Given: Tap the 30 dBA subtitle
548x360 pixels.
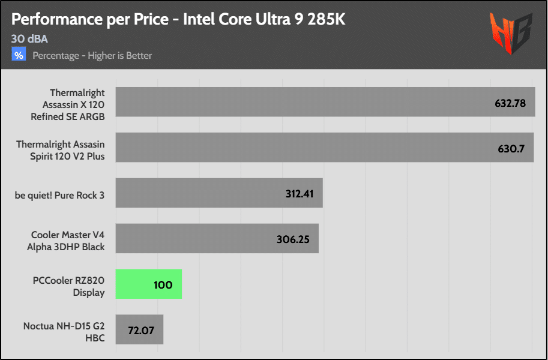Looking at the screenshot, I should click(x=29, y=39).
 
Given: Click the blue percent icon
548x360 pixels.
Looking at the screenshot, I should click(x=19, y=55).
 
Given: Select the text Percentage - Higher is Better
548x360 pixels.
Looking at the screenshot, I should click(x=92, y=56).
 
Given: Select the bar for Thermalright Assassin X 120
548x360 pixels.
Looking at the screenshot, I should click(x=300, y=102).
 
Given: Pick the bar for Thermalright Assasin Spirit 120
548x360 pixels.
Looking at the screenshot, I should click(x=300, y=148).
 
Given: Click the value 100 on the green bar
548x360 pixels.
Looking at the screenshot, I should click(x=163, y=285).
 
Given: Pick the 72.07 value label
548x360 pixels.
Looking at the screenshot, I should click(x=140, y=331).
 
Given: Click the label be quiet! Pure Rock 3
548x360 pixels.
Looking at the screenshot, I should click(x=60, y=194).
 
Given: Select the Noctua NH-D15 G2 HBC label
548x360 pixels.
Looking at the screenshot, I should click(x=64, y=332).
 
